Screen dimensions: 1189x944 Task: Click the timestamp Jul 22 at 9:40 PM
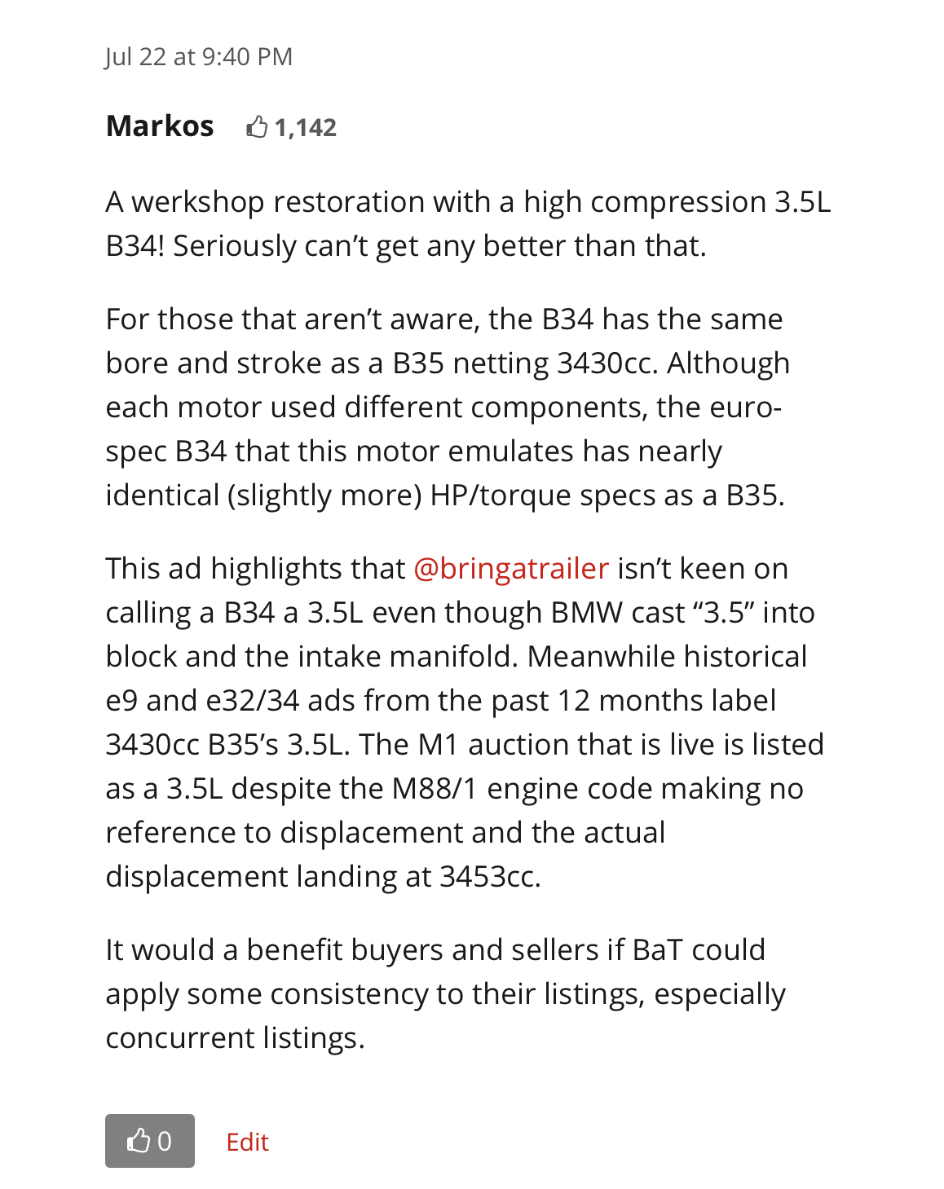tap(198, 57)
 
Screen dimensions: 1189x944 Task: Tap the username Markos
tap(160, 126)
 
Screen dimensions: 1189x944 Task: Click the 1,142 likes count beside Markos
tap(305, 128)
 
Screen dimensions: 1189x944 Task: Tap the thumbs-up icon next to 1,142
tap(257, 127)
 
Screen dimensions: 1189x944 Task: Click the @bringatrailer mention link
tap(511, 568)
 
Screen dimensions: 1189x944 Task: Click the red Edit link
tap(247, 1142)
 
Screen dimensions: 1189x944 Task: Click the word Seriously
tap(234, 246)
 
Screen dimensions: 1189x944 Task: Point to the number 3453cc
tap(489, 877)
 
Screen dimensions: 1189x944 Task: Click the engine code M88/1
tap(435, 789)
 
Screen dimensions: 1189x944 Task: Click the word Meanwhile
tap(601, 657)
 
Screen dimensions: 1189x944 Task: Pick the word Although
tap(728, 363)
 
